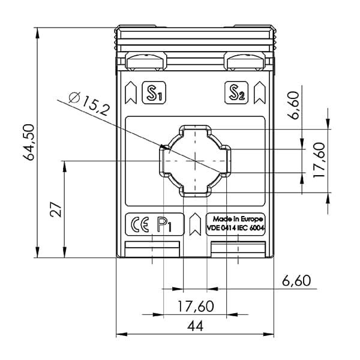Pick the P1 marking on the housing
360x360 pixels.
pyautogui.click(x=164, y=225)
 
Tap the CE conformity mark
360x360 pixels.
pyautogui.click(x=139, y=226)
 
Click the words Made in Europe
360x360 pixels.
pyautogui.click(x=235, y=219)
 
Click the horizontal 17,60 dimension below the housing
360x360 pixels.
pyautogui.click(x=196, y=307)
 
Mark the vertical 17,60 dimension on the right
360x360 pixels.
pyautogui.click(x=319, y=160)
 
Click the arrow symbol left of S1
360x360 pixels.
pyautogui.click(x=132, y=92)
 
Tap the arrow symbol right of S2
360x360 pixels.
pyautogui.click(x=260, y=92)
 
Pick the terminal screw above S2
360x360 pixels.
pyautogui.click(x=245, y=60)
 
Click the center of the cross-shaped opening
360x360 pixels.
pyautogui.click(x=195, y=160)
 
